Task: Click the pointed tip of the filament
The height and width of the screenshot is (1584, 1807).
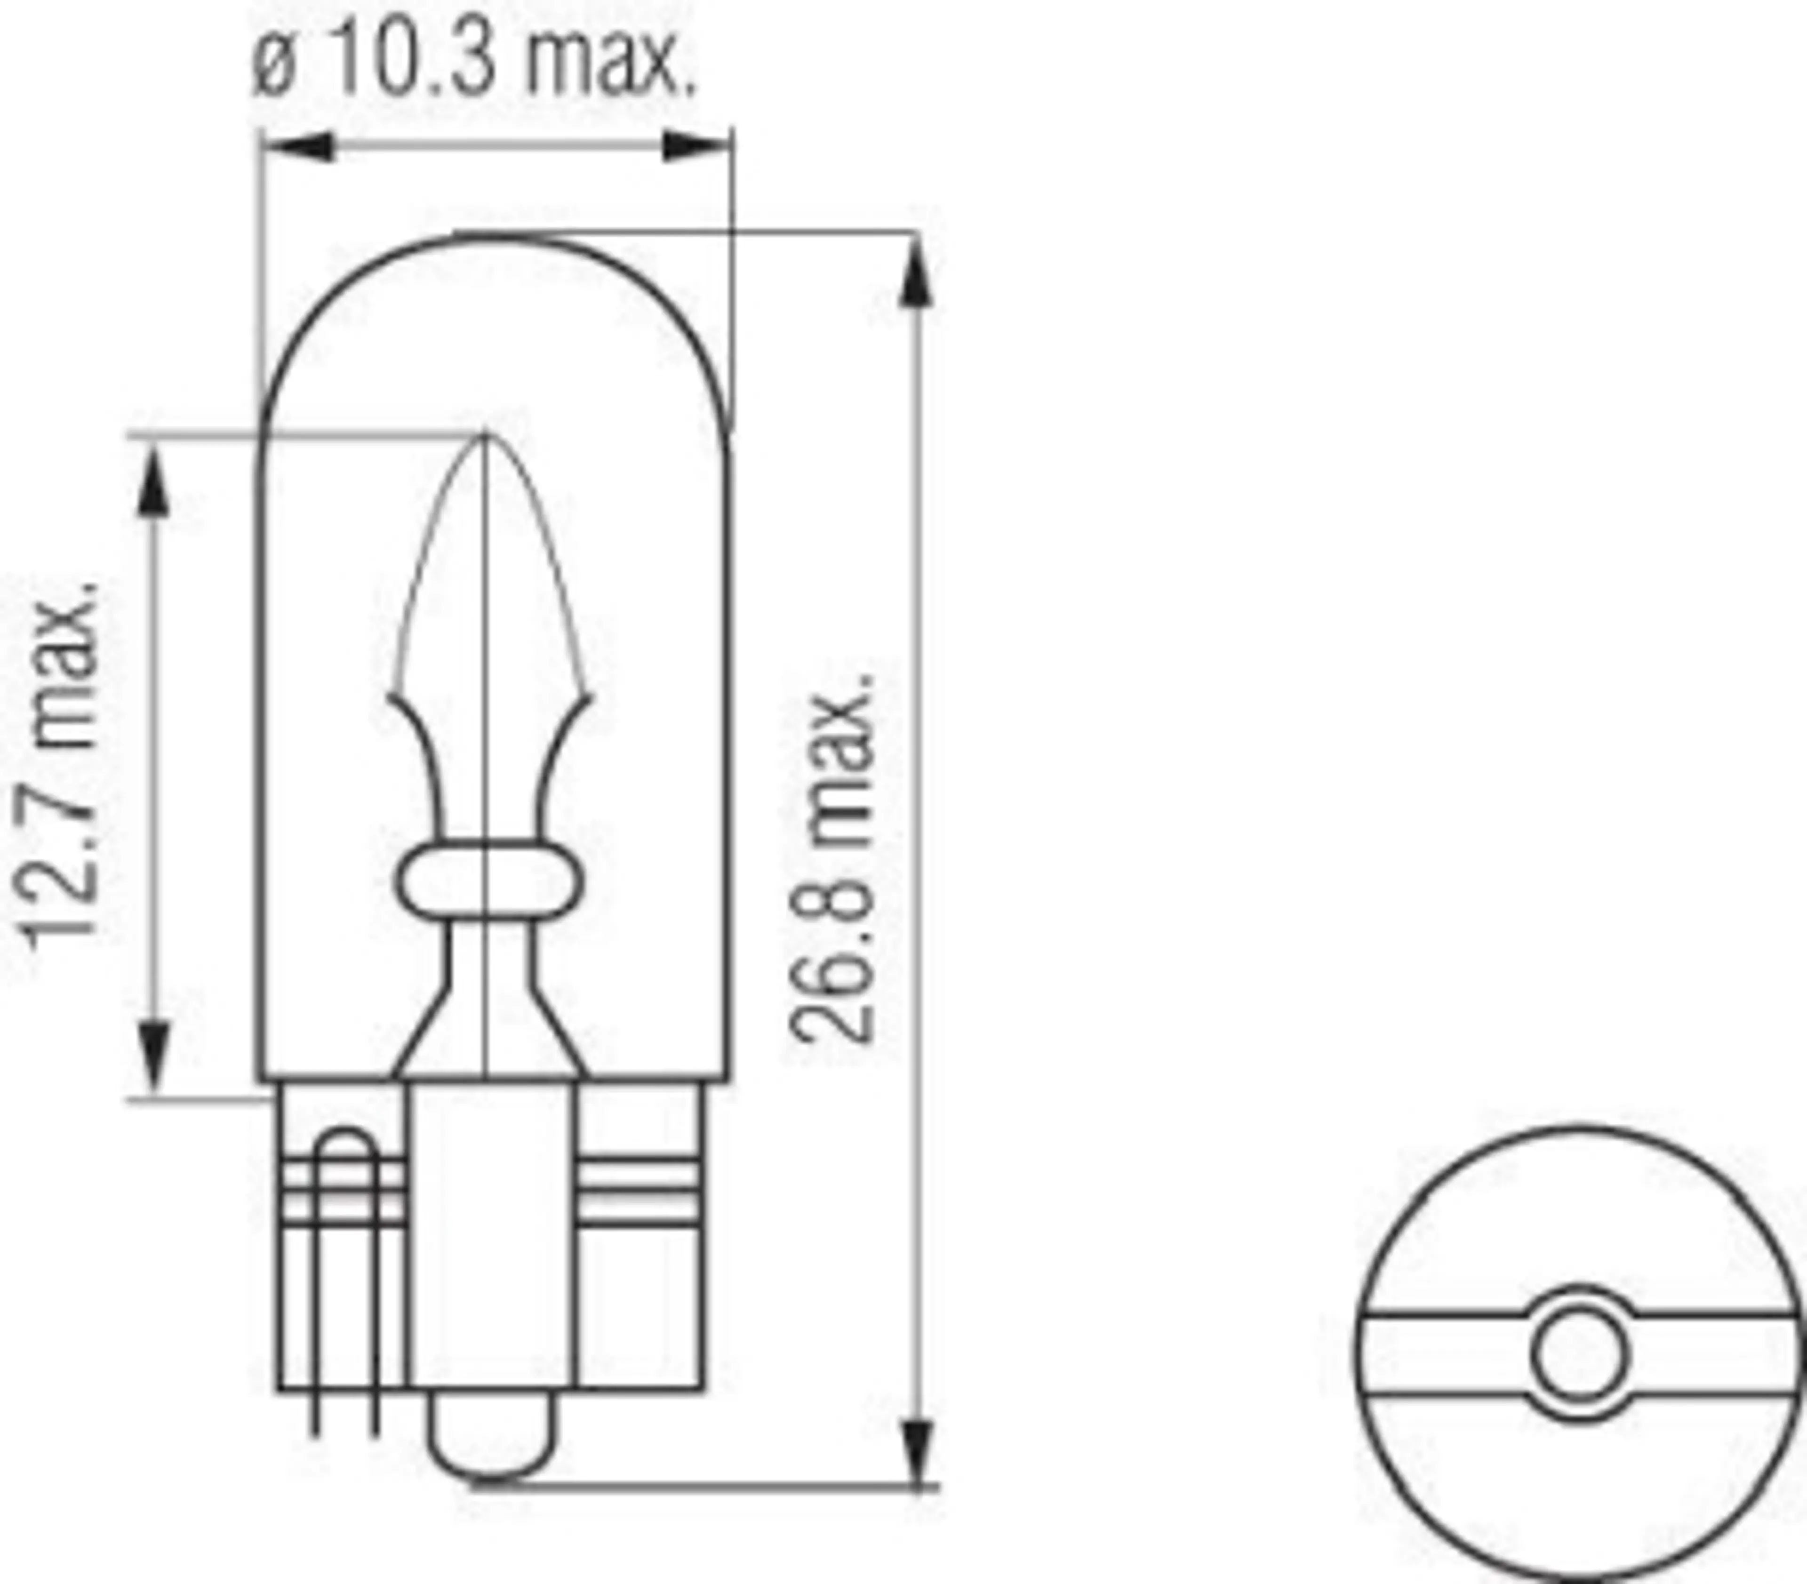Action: (485, 438)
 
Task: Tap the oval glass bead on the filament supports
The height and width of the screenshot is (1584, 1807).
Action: (487, 882)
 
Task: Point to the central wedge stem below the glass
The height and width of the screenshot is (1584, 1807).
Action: (491, 1238)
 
